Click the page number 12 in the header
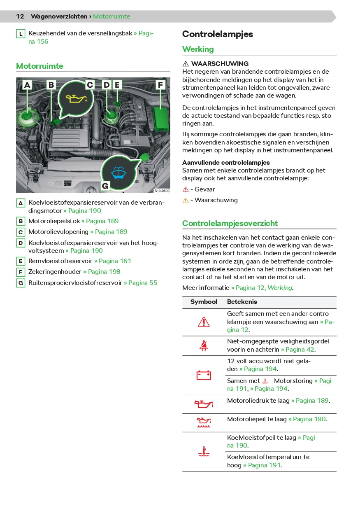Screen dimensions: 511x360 tap(20, 16)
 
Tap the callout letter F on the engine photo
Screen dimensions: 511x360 tap(160, 85)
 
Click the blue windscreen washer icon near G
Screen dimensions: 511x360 tap(118, 173)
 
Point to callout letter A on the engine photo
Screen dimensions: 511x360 tap(27, 85)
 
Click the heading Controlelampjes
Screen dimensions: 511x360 tap(218, 34)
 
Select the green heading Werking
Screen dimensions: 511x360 tap(198, 49)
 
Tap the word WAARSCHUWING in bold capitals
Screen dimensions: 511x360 tap(220, 64)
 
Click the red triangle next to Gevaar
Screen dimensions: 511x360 tap(186, 190)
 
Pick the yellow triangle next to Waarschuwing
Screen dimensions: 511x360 tap(186, 201)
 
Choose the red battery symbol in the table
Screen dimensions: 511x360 tap(204, 375)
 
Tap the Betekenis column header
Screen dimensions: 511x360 tap(242, 302)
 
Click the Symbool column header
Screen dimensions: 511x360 tap(204, 302)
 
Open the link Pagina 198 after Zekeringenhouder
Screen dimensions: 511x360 tap(102, 272)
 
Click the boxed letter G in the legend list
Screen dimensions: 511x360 tap(21, 283)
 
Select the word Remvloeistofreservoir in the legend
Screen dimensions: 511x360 tap(60, 261)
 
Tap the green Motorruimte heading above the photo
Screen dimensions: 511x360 tap(39, 66)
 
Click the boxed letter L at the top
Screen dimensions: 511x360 tap(21, 34)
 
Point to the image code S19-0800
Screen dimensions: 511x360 tap(162, 191)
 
